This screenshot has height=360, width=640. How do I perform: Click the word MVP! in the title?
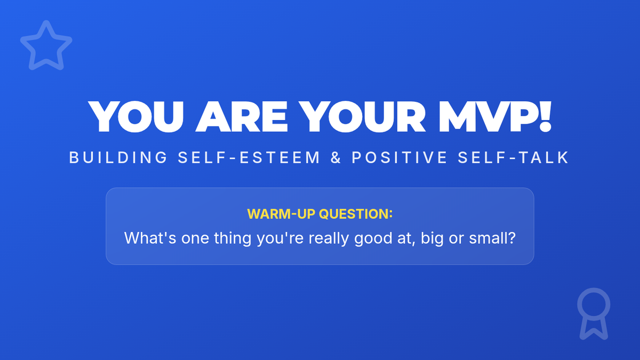coord(495,116)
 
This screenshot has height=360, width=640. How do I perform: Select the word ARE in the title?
coord(242,116)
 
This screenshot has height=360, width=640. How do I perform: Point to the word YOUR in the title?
coord(362,116)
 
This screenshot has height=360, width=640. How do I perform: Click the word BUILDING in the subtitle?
coord(118,157)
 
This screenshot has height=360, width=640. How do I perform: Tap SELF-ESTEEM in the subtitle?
coord(249,157)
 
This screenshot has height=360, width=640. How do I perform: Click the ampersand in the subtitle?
coord(335,157)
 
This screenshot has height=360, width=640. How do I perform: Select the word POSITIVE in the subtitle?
coord(399,157)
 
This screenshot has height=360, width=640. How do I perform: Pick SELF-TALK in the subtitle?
coord(513,157)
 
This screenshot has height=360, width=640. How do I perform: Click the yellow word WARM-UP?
coord(281,214)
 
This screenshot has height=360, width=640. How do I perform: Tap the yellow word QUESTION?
coord(356,214)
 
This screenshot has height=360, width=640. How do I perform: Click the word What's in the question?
coord(150,238)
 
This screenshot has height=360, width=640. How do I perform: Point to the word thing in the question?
coord(233,239)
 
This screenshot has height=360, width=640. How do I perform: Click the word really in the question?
coord(329,239)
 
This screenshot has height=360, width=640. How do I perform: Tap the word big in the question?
coord(432,239)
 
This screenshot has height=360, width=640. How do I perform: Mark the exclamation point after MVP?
coord(546,116)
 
